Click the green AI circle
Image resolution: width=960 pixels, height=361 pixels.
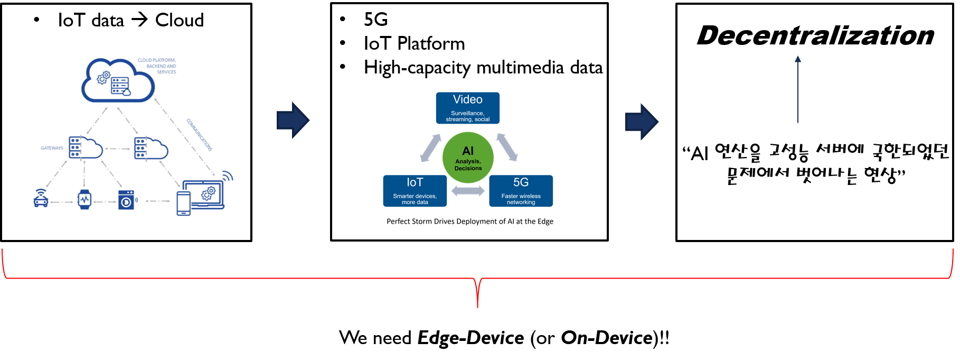[x=468, y=158]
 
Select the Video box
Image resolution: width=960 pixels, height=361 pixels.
[x=468, y=108]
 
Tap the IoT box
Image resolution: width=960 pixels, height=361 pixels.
[x=415, y=191]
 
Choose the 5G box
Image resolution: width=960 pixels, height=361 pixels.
[x=521, y=191]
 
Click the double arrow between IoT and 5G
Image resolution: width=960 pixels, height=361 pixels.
[x=468, y=191]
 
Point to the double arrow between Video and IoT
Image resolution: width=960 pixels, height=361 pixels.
[x=431, y=148]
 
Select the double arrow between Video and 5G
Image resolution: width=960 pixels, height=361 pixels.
[x=506, y=147]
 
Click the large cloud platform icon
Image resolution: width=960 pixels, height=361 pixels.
[x=117, y=81]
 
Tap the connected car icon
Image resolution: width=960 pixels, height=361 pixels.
[x=41, y=198]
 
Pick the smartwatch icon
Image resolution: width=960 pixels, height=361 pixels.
[x=84, y=199]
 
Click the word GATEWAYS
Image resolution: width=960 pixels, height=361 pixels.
[x=52, y=148]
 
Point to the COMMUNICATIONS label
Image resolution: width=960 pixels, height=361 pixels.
[x=199, y=135]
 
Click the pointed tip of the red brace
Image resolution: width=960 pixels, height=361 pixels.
[x=478, y=306]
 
